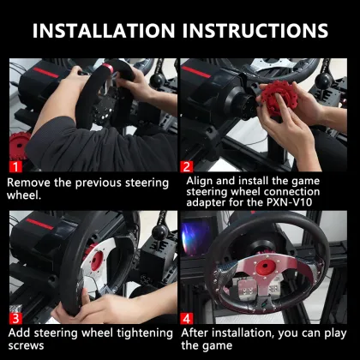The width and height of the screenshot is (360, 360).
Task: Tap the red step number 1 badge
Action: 15,165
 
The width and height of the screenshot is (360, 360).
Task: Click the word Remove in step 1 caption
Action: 32,183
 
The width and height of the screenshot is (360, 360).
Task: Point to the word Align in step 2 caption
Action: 202,183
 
